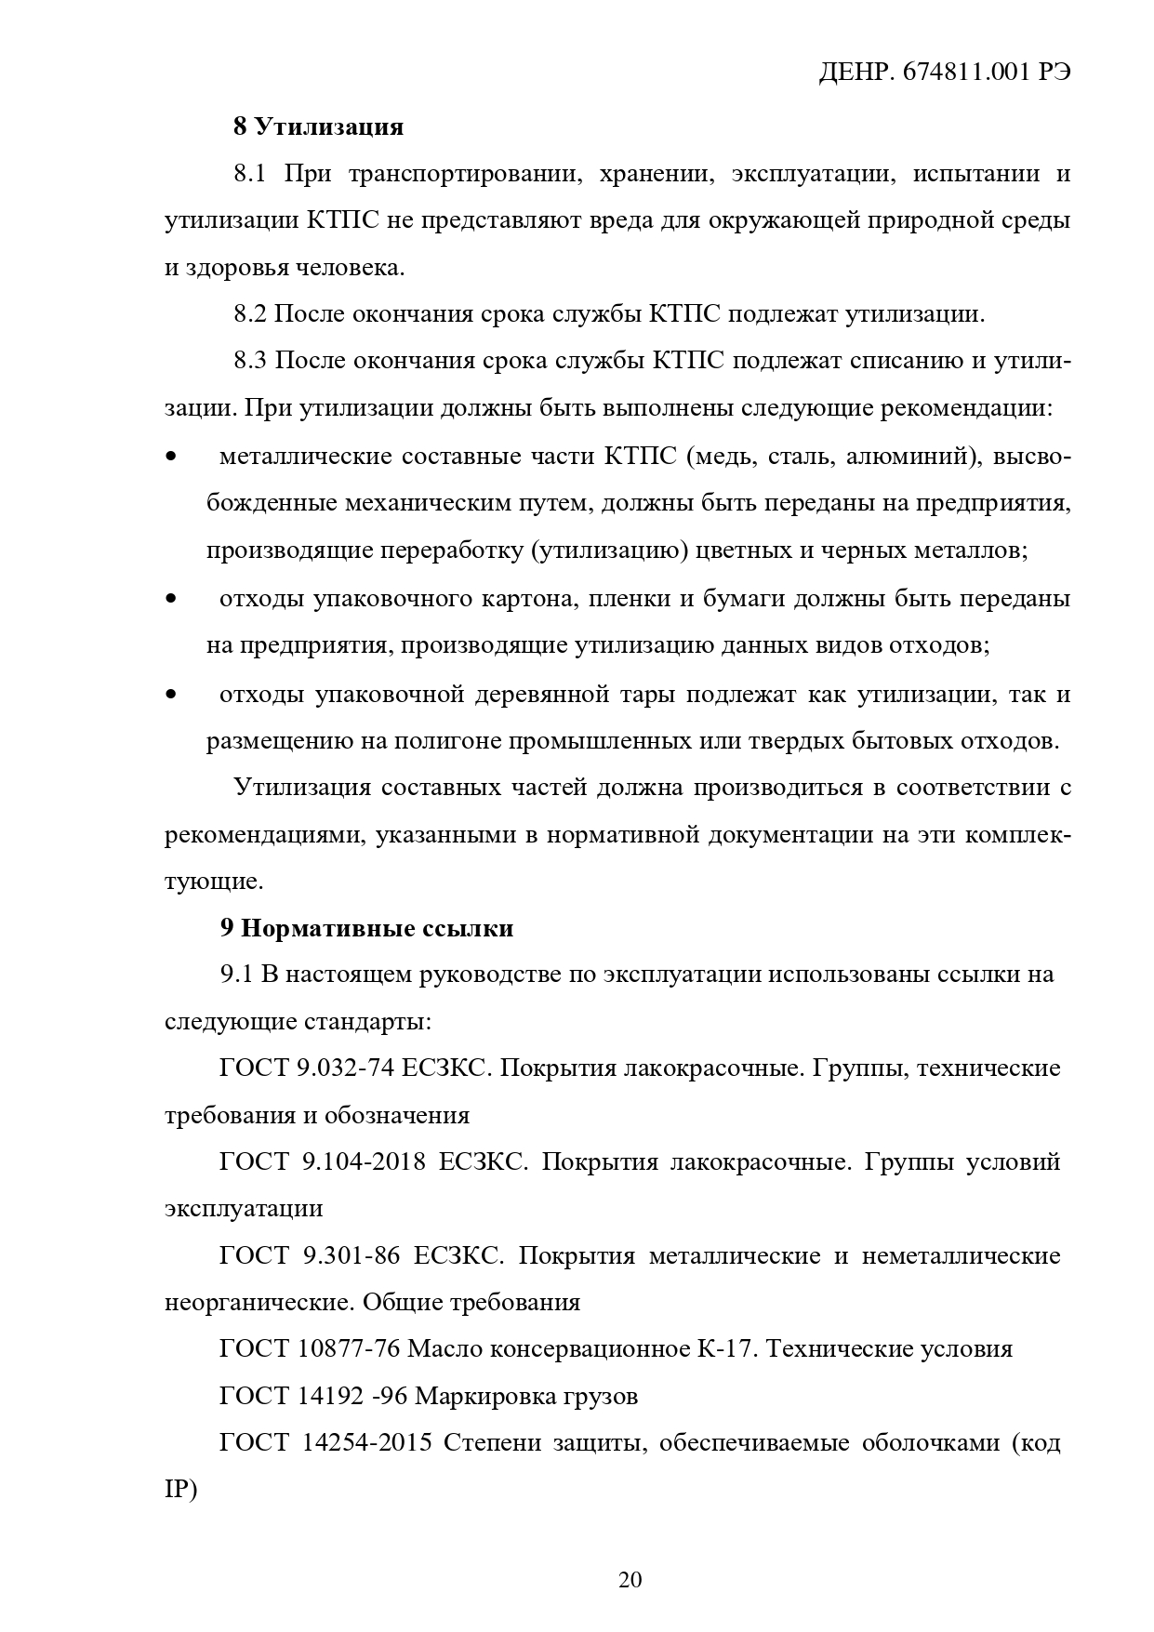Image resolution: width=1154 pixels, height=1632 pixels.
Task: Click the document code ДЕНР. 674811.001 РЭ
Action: [x=943, y=73]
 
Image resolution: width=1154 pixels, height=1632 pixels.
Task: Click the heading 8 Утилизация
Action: [x=318, y=126]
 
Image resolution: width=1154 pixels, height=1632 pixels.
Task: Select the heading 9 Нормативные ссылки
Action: [x=366, y=928]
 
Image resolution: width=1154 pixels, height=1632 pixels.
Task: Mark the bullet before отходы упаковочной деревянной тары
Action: [x=170, y=695]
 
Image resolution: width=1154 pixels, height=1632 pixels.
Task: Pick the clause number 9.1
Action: [x=236, y=975]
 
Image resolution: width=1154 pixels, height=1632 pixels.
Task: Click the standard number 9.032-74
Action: [x=345, y=1068]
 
